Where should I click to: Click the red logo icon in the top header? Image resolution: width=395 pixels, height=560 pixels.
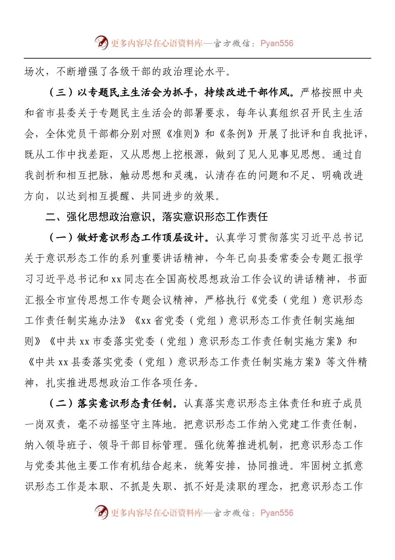(x=101, y=42)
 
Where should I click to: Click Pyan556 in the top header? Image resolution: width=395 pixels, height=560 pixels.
(x=277, y=43)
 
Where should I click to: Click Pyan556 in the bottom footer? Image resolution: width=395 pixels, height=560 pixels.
(x=277, y=513)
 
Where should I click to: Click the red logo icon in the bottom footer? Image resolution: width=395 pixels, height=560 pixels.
(x=101, y=512)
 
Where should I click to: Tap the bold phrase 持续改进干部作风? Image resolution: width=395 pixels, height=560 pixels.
(x=248, y=92)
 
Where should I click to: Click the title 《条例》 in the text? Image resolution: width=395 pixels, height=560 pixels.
(x=236, y=134)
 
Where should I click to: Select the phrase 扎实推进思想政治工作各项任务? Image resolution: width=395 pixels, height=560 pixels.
(x=123, y=382)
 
